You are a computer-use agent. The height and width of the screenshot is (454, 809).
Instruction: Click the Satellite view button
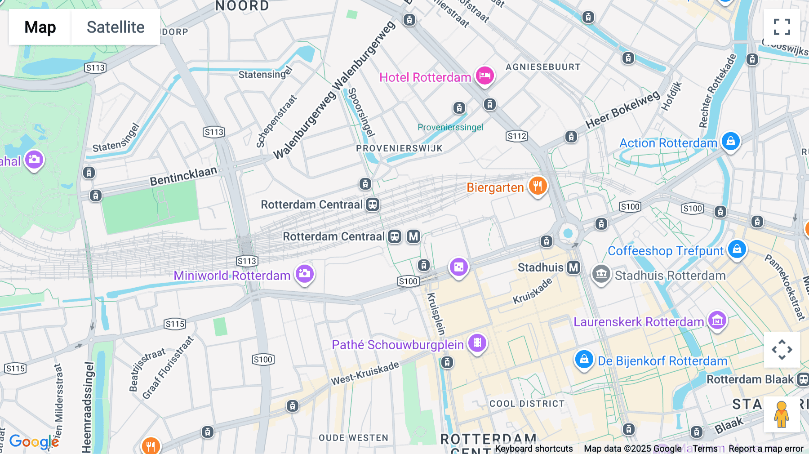(x=116, y=27)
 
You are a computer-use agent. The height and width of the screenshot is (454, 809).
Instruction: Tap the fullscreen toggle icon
(x=782, y=27)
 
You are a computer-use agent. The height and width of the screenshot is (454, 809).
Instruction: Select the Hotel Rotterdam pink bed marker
(x=485, y=76)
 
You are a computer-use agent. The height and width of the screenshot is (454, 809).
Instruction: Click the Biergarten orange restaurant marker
(x=538, y=186)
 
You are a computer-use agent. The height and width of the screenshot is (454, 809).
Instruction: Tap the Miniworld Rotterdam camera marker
(x=304, y=274)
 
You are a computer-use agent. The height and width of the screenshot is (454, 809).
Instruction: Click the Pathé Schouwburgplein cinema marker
(x=477, y=343)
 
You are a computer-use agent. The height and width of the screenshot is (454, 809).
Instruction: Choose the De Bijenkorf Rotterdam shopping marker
(x=584, y=360)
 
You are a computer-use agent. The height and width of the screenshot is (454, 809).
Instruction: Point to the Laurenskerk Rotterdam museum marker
(x=717, y=320)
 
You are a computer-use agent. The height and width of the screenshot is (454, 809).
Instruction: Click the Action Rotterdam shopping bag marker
(x=730, y=142)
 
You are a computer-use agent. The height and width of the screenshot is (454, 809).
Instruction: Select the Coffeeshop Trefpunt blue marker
(x=737, y=249)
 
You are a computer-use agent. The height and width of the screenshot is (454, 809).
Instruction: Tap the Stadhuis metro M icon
(x=573, y=267)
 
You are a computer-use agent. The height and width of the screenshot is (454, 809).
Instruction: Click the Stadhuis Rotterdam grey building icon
(x=601, y=274)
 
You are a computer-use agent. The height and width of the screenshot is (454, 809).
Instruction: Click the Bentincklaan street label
(x=183, y=176)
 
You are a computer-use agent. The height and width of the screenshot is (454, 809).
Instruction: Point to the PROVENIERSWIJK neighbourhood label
(x=399, y=148)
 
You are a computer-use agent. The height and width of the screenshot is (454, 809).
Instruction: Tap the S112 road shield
(x=516, y=136)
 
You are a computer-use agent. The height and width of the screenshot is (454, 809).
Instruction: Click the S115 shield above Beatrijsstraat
(x=175, y=324)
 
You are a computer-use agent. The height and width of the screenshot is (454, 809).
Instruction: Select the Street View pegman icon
(x=782, y=414)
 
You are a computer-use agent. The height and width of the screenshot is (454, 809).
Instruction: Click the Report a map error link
(x=766, y=449)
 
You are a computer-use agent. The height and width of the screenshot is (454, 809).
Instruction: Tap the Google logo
(x=34, y=441)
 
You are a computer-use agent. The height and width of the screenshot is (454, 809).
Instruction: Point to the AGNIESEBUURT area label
(x=543, y=67)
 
